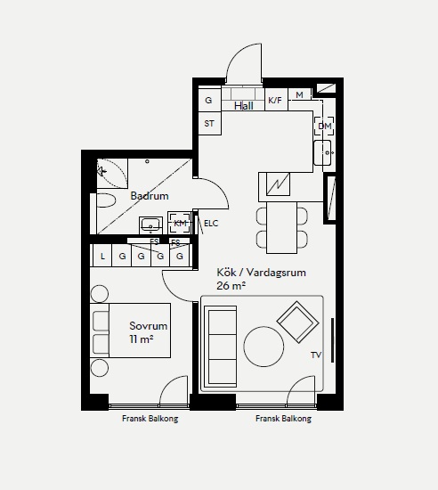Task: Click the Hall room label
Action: [x=244, y=106]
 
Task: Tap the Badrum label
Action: [x=150, y=196]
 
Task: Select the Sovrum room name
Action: [x=149, y=325]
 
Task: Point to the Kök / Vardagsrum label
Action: [x=262, y=273]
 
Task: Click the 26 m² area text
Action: [x=231, y=285]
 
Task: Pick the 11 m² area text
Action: [x=142, y=339]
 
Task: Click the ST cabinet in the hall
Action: [x=210, y=124]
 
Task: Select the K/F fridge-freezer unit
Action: [x=276, y=100]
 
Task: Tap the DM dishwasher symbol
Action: [x=324, y=126]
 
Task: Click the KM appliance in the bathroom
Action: [x=180, y=223]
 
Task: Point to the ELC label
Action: [x=211, y=224]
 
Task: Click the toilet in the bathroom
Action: [x=106, y=200]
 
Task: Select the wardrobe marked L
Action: [x=102, y=257]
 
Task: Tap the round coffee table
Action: [x=264, y=347]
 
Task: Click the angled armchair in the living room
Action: [x=297, y=323]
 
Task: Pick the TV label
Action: [x=316, y=355]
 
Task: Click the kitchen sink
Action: [x=322, y=153]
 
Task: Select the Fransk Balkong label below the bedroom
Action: [x=150, y=419]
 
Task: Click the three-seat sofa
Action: [x=220, y=347]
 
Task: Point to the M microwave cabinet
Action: [x=300, y=94]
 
